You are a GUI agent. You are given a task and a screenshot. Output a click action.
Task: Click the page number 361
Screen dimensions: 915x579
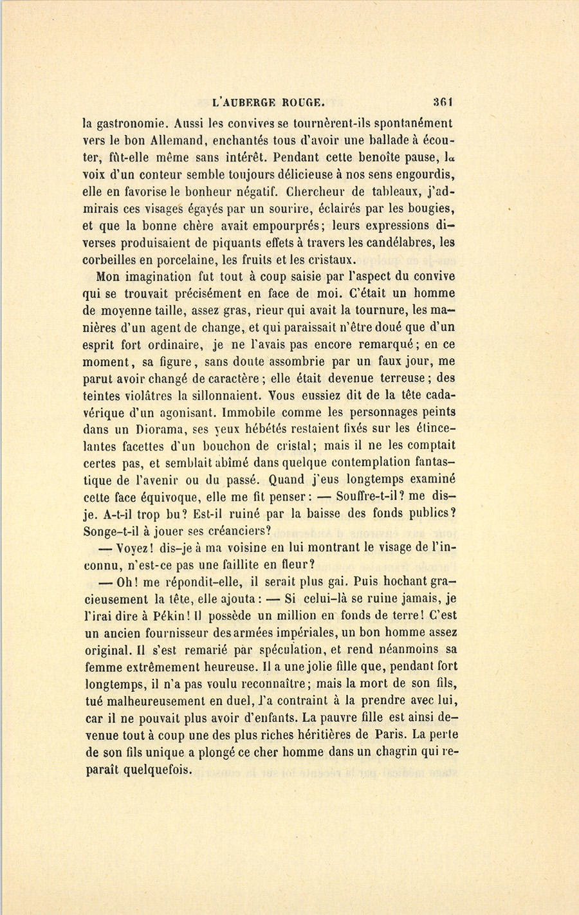point(443,101)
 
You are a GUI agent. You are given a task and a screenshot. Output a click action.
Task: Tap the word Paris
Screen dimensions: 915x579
point(389,734)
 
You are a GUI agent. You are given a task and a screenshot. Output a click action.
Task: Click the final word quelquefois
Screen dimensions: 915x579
point(138,769)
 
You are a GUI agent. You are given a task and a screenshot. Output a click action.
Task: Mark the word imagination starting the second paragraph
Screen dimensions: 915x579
point(155,277)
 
